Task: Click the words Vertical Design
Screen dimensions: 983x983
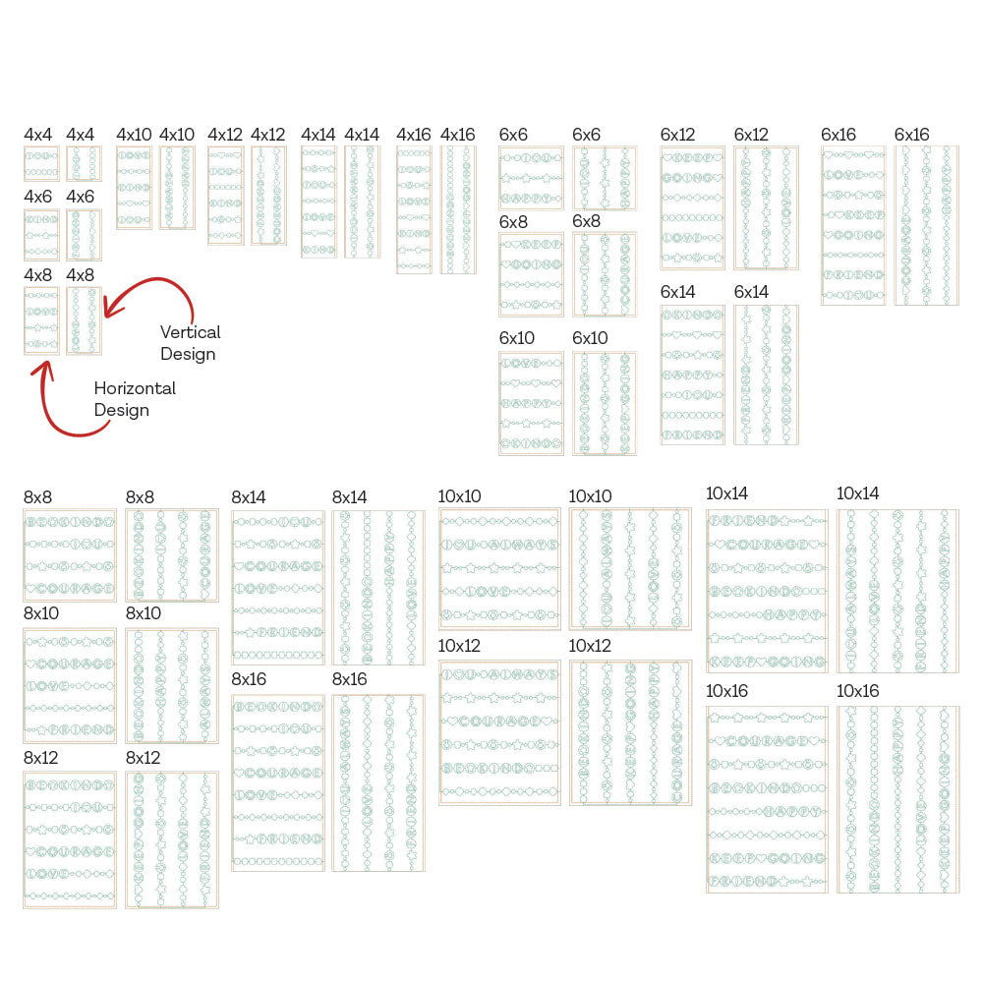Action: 190,343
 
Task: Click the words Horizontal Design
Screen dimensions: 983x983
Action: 135,399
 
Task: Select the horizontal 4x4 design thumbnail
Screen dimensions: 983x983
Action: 41,164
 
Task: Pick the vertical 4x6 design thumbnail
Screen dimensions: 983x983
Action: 84,235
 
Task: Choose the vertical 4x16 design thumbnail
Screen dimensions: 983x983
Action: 458,209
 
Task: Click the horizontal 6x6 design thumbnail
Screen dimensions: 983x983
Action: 531,178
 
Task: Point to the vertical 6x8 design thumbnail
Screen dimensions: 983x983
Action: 605,274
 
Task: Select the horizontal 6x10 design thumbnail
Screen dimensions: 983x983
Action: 531,403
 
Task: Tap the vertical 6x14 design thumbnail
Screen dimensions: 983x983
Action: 766,375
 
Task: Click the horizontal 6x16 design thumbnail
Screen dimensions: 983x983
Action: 853,225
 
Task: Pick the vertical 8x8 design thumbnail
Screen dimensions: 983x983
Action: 172,555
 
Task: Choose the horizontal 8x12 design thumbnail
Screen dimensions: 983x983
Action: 70,839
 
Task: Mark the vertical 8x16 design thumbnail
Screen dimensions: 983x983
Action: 378,782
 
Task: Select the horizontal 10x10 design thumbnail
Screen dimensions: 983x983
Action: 499,568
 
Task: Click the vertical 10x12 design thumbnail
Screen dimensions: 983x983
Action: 630,732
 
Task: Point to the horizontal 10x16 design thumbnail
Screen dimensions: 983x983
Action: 767,799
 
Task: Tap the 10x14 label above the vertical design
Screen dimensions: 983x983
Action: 858,493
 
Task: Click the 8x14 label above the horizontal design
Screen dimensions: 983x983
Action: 249,497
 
